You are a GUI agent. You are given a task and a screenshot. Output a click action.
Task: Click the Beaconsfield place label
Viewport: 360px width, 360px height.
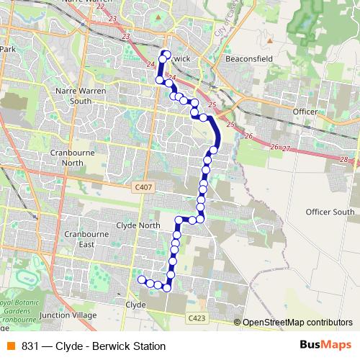pos(248,58)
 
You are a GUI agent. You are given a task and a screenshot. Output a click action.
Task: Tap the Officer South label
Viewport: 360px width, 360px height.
pos(330,212)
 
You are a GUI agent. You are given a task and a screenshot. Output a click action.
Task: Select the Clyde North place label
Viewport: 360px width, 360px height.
pos(138,225)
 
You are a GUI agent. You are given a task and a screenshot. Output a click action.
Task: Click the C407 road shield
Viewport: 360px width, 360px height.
pos(143,187)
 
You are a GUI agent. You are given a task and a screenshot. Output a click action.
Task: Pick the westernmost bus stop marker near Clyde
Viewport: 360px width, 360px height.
pos(142,279)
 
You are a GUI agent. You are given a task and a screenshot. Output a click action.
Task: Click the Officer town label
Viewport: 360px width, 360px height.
pos(305,112)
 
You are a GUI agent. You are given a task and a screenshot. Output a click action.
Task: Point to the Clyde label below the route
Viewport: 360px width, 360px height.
pos(135,305)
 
